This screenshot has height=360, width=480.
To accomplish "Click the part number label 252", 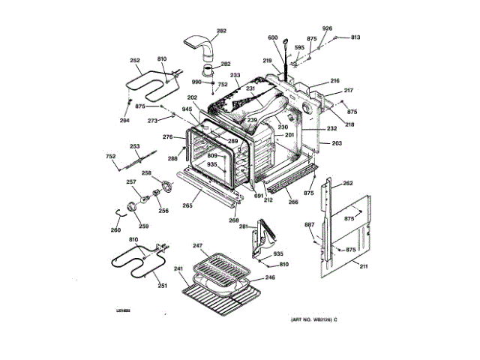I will click(135, 61).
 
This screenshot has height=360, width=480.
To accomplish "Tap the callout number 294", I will click(124, 120).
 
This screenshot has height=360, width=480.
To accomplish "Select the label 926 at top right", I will click(327, 28).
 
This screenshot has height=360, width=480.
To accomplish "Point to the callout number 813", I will click(355, 37).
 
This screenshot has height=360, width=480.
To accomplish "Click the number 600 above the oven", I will click(272, 37).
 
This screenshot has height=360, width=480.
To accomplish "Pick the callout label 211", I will click(364, 265).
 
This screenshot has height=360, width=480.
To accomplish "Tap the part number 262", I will click(347, 183).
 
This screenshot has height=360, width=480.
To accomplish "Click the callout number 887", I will click(309, 225).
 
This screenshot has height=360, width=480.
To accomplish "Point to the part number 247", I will click(198, 246).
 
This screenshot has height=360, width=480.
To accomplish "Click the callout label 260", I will click(115, 229).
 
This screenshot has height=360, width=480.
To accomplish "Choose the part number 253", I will click(135, 147).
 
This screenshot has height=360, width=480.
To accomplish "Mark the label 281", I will click(244, 226).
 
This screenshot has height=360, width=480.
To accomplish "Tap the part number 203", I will click(336, 142).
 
